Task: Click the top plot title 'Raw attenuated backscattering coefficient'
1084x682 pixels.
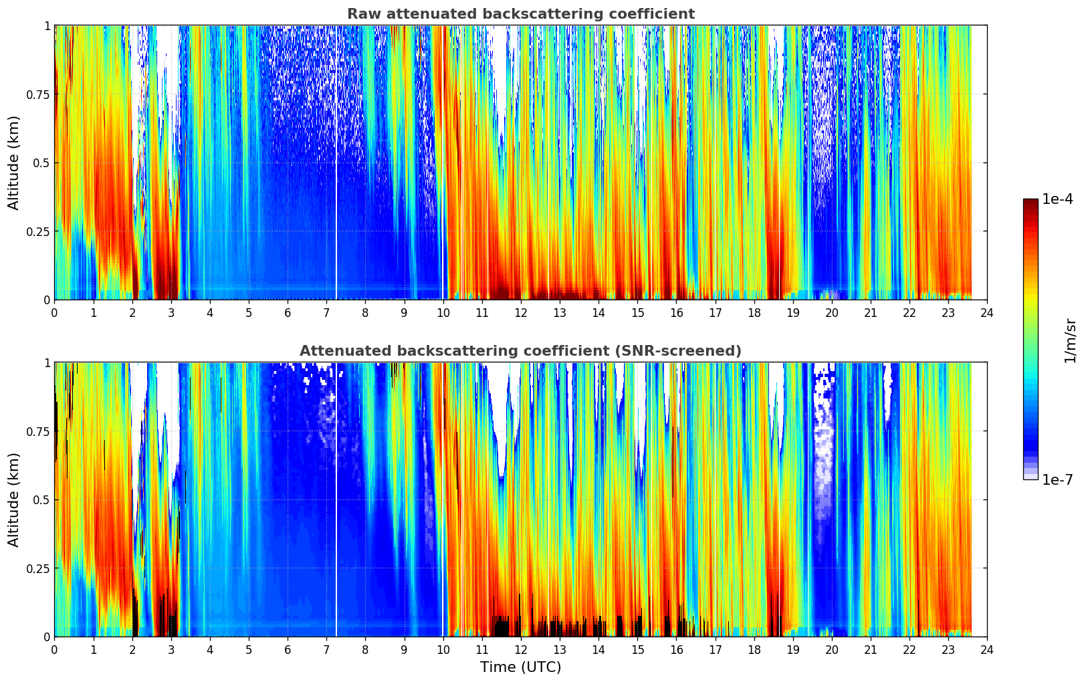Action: click(520, 14)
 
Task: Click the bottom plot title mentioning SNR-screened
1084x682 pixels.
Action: click(520, 351)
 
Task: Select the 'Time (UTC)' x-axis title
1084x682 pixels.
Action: click(520, 667)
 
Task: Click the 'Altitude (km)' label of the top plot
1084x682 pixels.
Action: click(14, 162)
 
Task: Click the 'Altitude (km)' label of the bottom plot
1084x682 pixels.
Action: click(14, 499)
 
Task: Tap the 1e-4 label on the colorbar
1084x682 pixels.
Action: click(1057, 199)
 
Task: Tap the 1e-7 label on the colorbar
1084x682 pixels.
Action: click(1057, 479)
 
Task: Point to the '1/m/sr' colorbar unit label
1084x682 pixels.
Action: click(1070, 340)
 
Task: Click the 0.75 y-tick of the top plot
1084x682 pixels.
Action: click(37, 94)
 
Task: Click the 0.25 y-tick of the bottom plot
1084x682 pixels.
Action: click(37, 568)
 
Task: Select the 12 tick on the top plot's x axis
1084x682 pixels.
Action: click(521, 312)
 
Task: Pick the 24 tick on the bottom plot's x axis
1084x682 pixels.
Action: click(987, 649)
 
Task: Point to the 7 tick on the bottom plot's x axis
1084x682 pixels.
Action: click(326, 649)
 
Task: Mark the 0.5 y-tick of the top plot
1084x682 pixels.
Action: click(41, 163)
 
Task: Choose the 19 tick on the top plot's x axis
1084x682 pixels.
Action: click(792, 312)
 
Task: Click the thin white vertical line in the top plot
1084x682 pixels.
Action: click(336, 201)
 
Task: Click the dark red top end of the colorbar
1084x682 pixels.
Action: click(1031, 203)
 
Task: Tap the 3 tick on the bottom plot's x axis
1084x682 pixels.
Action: click(171, 649)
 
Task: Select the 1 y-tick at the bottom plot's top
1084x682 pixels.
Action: click(47, 363)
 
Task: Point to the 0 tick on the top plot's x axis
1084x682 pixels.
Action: click(55, 312)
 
